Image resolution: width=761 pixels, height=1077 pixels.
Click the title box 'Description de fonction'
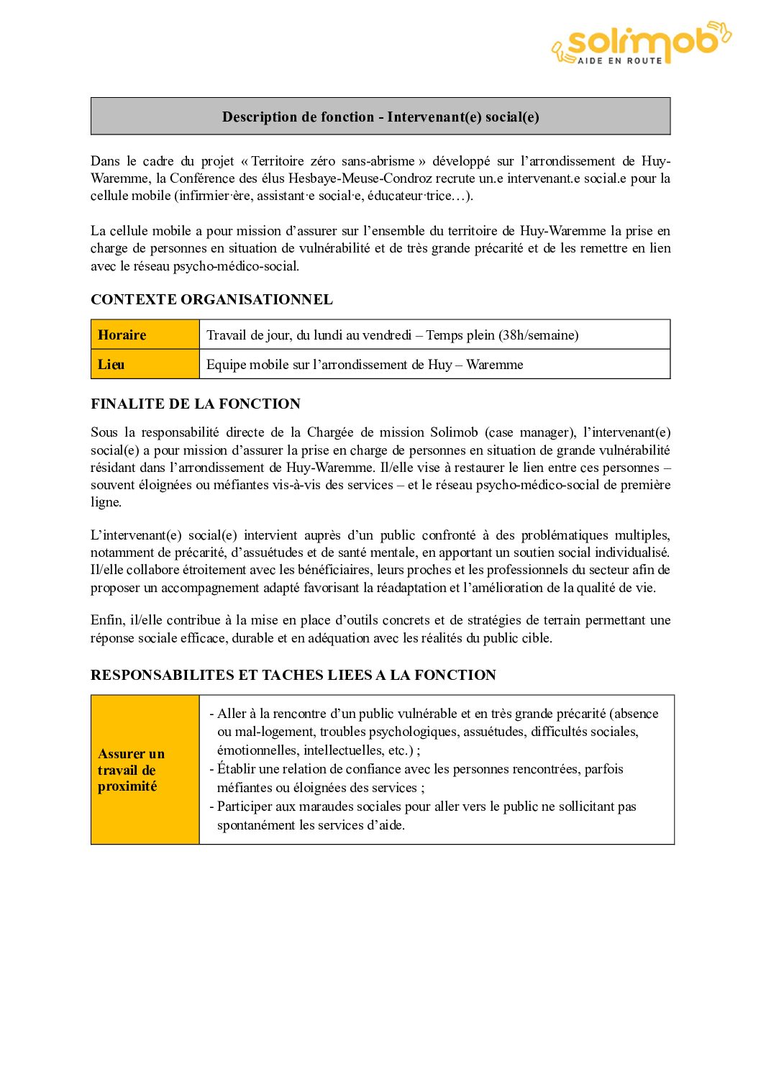click(380, 117)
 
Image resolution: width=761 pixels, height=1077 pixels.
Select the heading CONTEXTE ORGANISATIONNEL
click(211, 299)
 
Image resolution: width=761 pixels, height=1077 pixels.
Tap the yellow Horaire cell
click(145, 335)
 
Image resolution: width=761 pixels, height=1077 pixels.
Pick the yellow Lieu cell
click(145, 364)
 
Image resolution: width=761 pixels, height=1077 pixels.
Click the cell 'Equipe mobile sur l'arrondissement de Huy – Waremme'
click(365, 365)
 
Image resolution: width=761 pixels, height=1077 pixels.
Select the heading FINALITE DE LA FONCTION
click(196, 404)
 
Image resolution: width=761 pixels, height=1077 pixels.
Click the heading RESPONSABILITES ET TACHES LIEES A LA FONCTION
click(293, 675)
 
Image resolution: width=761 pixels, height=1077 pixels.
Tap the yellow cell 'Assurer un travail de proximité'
click(145, 770)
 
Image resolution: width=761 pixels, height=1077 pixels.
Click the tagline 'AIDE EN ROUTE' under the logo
click(620, 61)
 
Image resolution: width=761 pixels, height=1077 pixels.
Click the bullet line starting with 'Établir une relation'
click(420, 769)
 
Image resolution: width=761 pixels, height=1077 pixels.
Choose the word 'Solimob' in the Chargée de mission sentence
click(454, 432)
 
